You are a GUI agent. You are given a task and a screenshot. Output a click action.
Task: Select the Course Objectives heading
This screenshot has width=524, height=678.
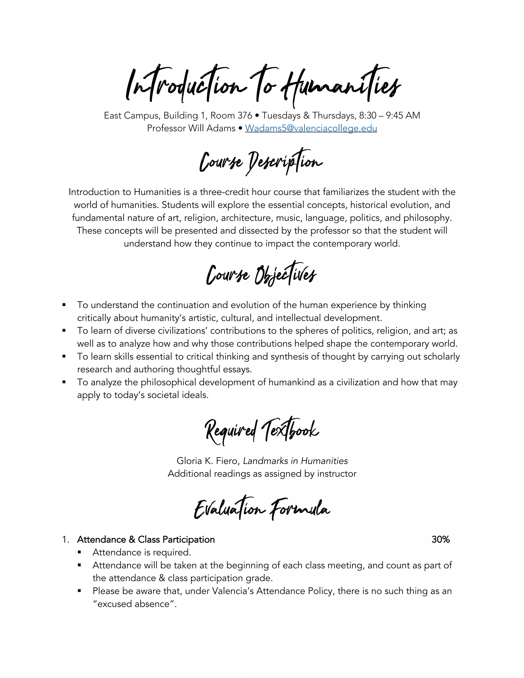click(x=261, y=275)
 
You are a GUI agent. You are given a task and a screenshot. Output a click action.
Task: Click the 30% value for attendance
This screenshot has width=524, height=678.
click(x=440, y=540)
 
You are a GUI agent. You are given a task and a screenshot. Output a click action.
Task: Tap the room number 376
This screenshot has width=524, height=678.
click(x=244, y=115)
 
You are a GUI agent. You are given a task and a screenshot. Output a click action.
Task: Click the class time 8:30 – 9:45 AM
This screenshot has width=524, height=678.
click(x=389, y=115)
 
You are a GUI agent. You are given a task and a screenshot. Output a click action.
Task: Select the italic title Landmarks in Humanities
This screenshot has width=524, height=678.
click(x=295, y=461)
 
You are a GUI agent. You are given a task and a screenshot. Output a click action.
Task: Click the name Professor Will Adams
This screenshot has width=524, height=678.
click(x=191, y=128)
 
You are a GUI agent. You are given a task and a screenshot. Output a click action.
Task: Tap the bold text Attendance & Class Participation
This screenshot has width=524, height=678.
click(x=146, y=540)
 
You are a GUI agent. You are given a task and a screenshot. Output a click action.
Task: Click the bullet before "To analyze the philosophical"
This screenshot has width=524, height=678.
click(x=64, y=382)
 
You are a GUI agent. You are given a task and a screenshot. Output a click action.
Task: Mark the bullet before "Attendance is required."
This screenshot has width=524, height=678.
click(x=80, y=552)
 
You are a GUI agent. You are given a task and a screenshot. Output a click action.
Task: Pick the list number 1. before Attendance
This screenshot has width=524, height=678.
click(x=65, y=540)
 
